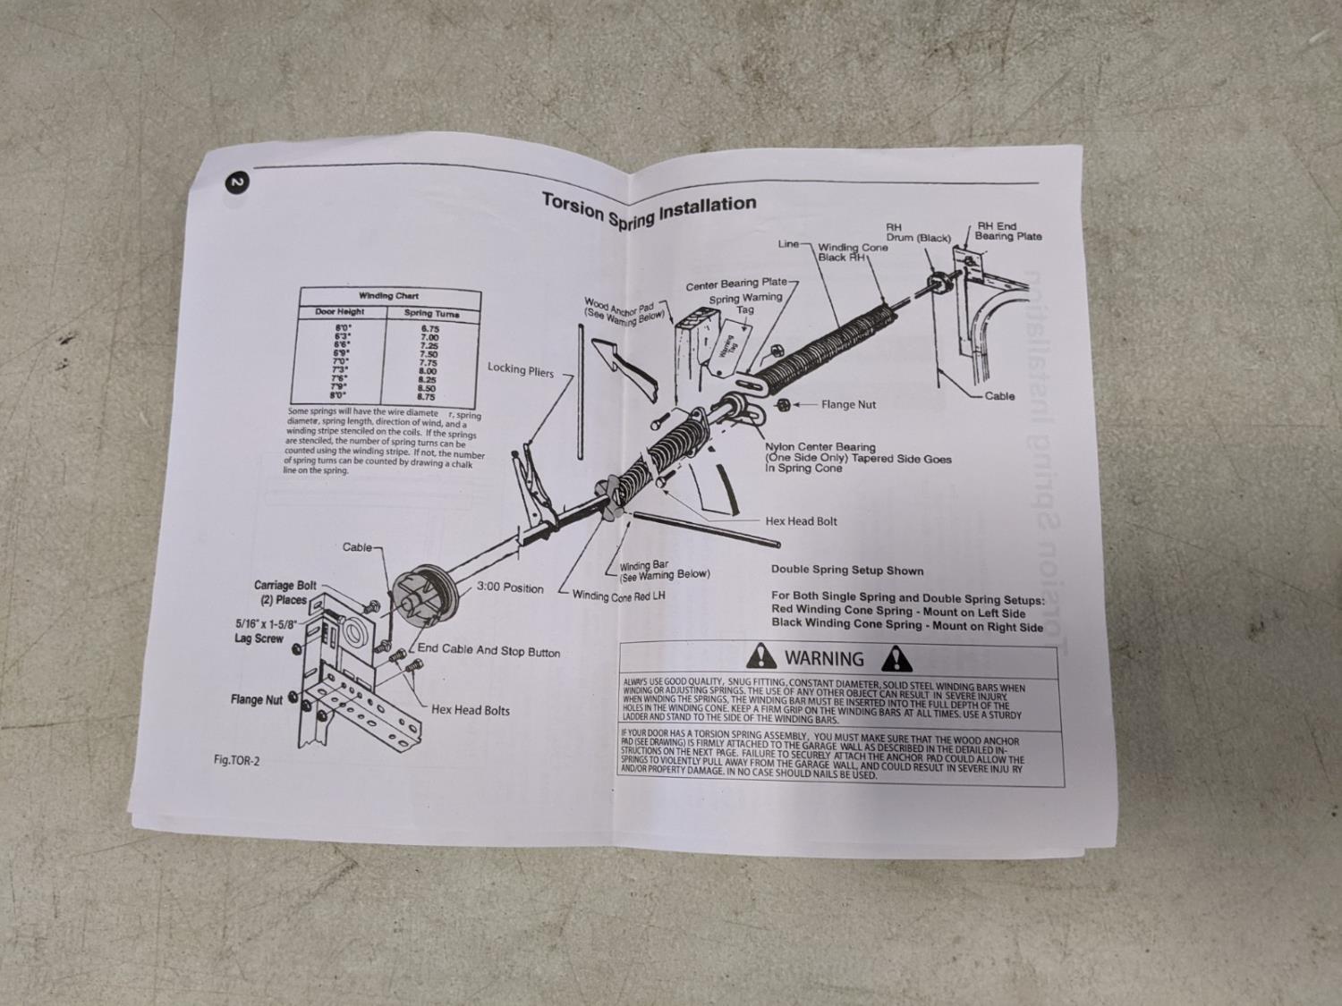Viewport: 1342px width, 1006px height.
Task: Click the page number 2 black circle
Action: click(237, 183)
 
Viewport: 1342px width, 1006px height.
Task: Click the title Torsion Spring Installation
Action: click(649, 213)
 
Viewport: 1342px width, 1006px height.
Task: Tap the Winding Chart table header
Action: click(389, 296)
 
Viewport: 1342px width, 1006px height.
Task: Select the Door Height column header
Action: click(340, 312)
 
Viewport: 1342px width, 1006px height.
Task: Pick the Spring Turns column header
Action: click(431, 314)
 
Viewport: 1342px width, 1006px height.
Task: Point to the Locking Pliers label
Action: click(520, 369)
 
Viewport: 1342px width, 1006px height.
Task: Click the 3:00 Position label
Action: click(510, 588)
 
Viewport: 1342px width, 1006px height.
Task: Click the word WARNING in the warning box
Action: click(824, 659)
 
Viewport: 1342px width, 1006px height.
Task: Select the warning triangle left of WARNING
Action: click(761, 656)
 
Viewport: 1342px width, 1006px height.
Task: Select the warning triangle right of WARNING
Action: click(896, 659)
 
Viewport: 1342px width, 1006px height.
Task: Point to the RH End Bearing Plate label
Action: click(1008, 232)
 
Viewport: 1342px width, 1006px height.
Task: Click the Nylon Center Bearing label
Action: click(820, 447)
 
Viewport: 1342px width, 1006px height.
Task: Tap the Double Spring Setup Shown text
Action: click(846, 570)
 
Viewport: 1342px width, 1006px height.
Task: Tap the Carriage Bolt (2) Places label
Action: click(285, 593)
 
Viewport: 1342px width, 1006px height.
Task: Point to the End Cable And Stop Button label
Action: click(488, 650)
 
